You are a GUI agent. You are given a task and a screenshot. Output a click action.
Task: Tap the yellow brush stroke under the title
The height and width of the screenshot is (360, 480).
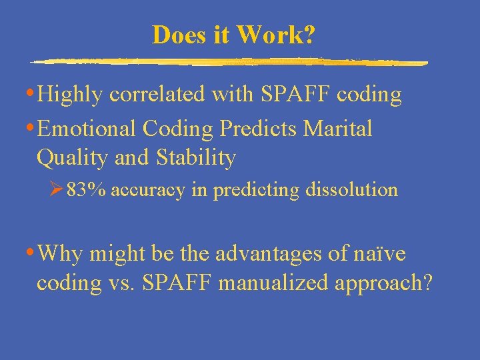(229, 62)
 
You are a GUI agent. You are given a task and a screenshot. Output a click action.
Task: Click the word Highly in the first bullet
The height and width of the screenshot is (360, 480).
(70, 95)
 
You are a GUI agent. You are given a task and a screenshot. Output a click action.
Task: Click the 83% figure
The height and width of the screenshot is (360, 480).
(86, 190)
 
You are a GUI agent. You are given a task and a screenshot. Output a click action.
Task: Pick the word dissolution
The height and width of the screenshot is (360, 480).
(351, 190)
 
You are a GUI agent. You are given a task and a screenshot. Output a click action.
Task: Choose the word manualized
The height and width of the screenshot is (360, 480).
(275, 283)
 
